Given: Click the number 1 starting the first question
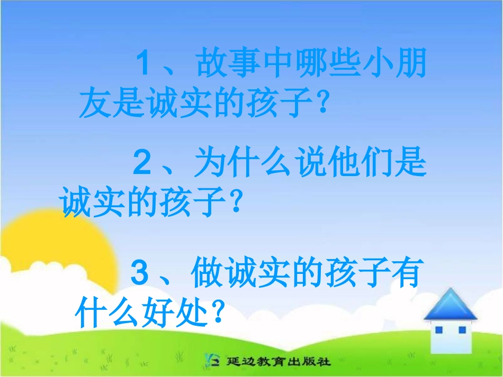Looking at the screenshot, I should coord(145,66).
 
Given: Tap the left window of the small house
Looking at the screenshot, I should coord(438,330).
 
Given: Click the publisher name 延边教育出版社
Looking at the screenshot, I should coord(279,362).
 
